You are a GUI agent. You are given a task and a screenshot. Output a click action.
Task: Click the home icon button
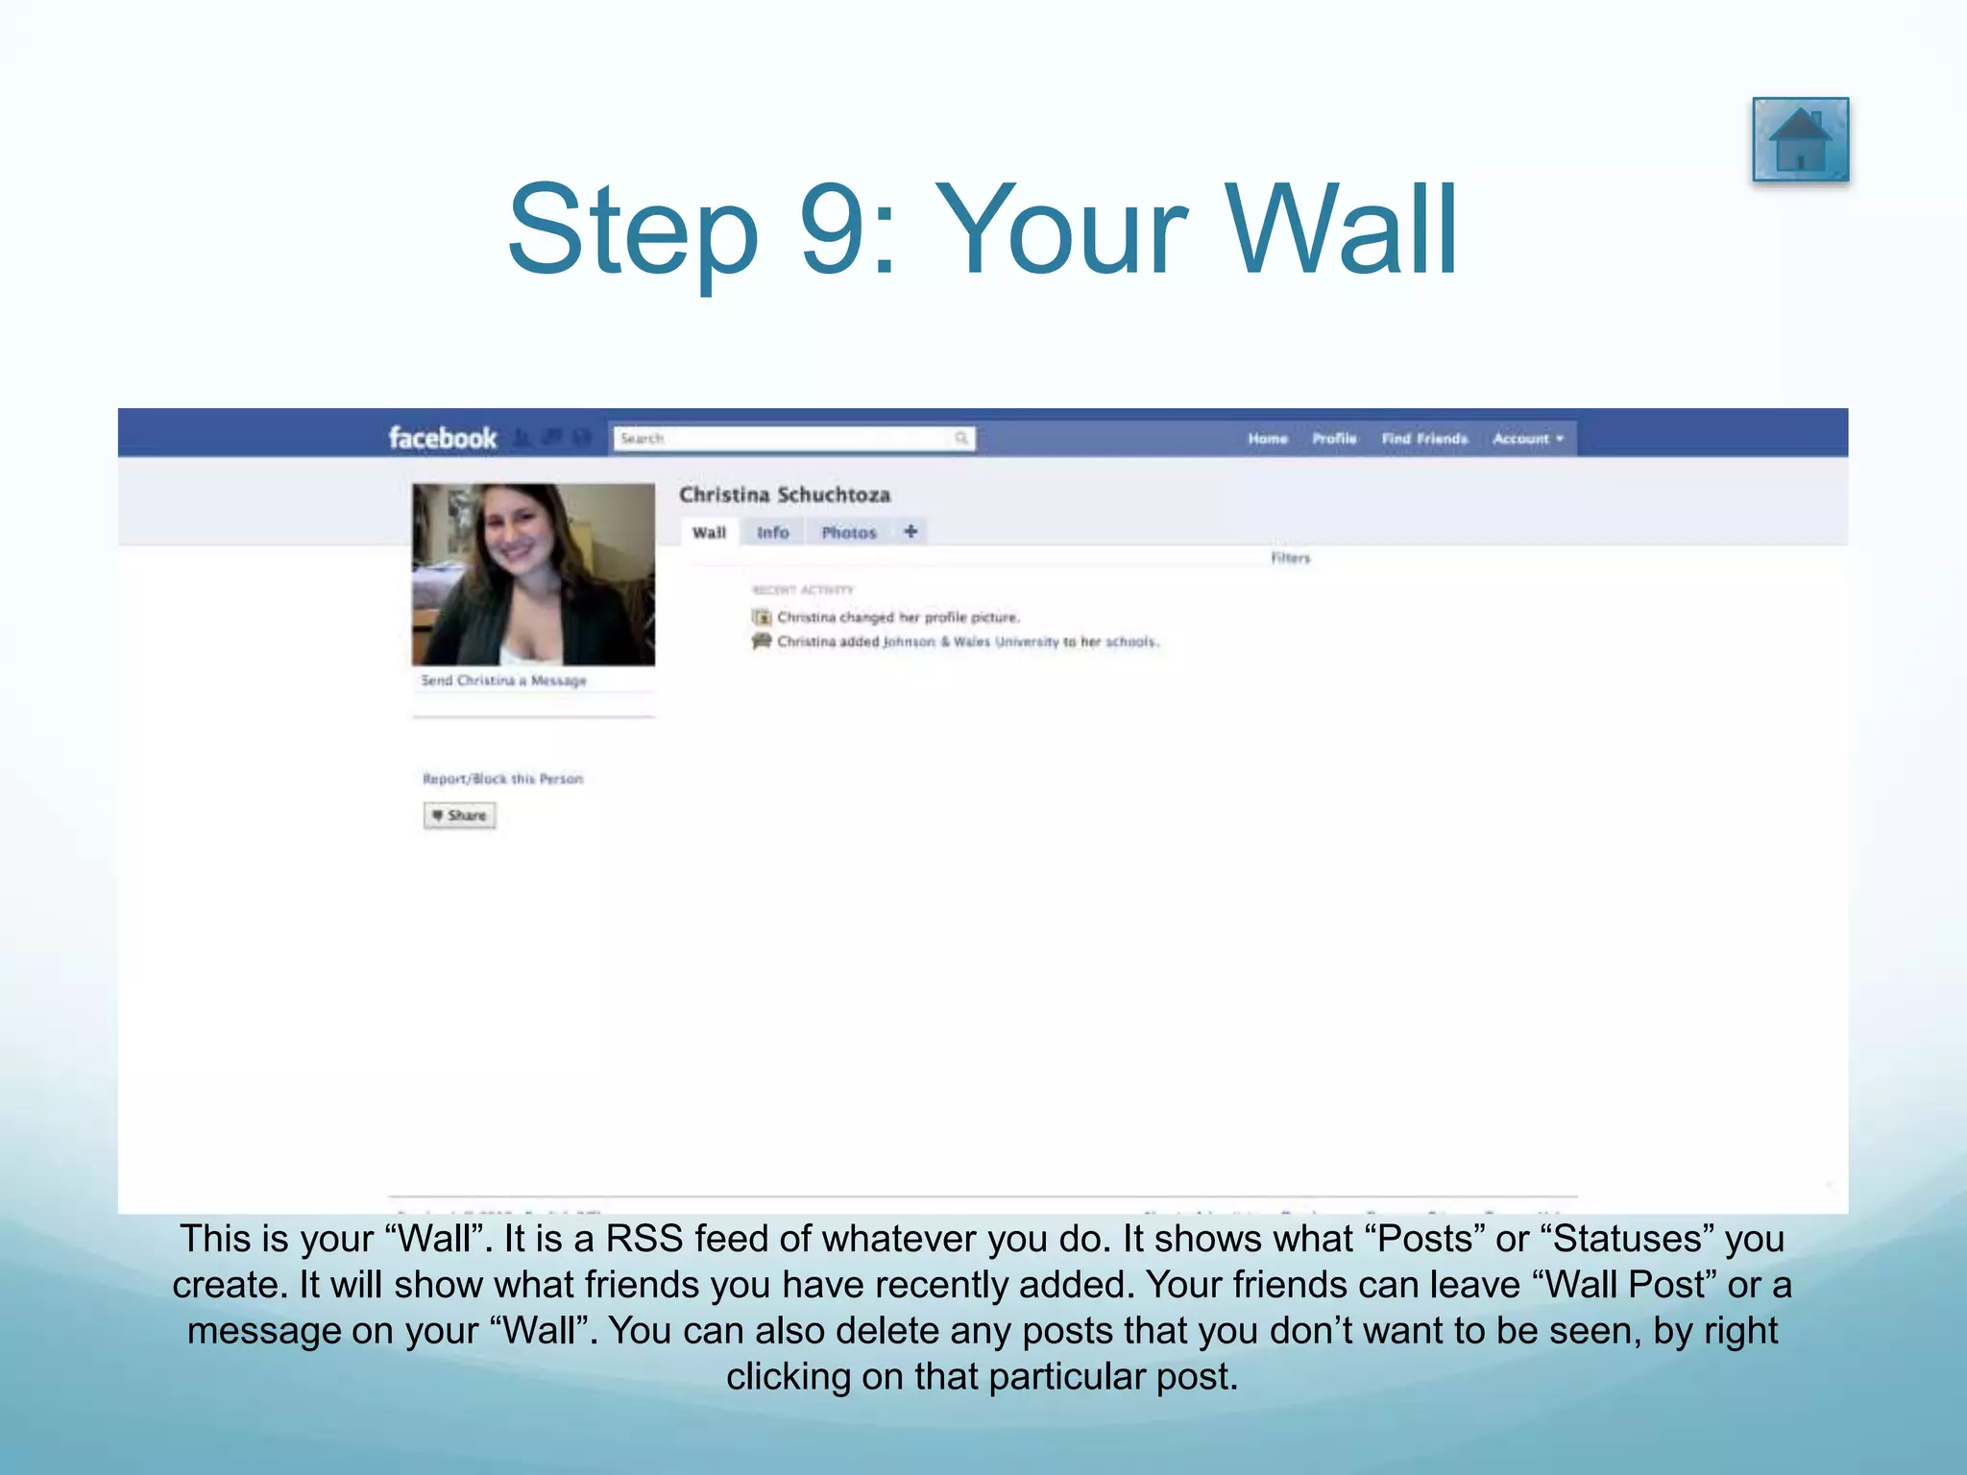point(1800,140)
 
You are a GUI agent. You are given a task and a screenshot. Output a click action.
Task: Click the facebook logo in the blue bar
point(442,438)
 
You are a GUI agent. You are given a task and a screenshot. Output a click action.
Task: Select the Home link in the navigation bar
point(1267,439)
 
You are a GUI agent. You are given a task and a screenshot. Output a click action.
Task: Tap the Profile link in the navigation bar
point(1334,439)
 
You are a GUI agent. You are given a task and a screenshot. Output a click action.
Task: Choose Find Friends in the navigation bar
point(1424,439)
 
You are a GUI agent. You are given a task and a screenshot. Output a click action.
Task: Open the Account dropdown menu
point(1527,439)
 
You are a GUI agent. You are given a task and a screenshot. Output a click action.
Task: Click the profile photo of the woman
point(533,574)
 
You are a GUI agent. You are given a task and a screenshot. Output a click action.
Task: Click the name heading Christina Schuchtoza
point(785,495)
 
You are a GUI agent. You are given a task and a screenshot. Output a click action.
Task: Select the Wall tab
point(709,532)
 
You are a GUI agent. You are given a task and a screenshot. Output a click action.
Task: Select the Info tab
point(772,532)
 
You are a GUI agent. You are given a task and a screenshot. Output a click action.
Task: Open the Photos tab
point(849,532)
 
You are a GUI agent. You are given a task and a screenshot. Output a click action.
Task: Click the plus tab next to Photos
point(911,531)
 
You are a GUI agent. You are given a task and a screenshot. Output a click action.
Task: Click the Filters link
point(1290,558)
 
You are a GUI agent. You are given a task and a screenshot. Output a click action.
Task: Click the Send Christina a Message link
point(503,681)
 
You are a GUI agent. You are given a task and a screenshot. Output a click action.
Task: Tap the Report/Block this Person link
point(502,779)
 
